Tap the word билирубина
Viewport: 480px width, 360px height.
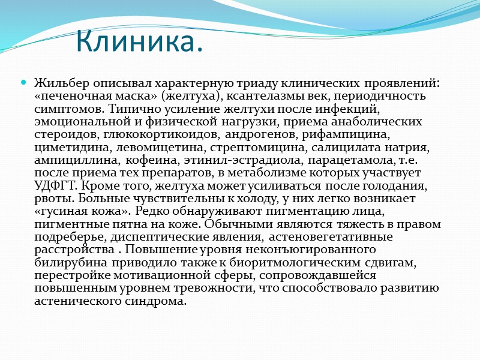click(65, 262)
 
